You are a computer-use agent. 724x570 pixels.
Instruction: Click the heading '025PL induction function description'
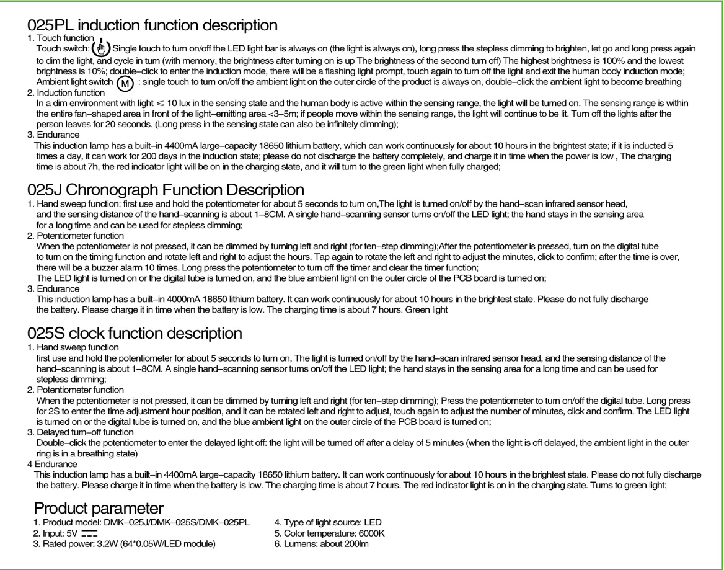tap(152, 25)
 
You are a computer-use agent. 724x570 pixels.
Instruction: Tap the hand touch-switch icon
tap(100, 48)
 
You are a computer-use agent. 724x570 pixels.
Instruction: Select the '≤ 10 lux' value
tap(170, 103)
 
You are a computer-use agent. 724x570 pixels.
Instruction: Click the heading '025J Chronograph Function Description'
tap(166, 189)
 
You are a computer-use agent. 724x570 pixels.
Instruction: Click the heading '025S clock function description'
tap(135, 332)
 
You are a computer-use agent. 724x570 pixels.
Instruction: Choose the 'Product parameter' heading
tap(99, 508)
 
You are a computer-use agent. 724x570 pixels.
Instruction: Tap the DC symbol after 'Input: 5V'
tap(90, 533)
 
